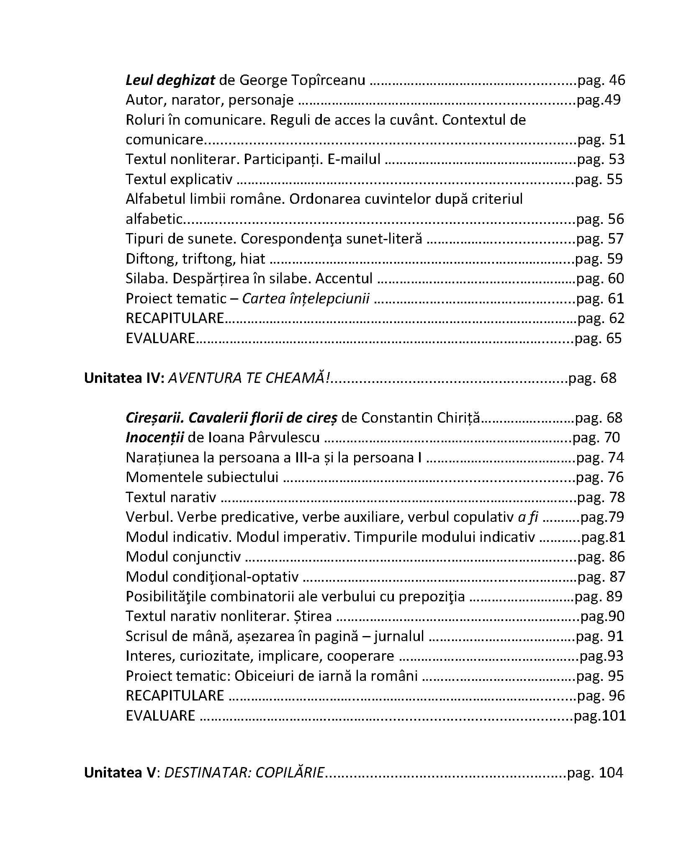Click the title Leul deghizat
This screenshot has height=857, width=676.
coord(170,80)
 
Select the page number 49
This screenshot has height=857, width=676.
coord(611,100)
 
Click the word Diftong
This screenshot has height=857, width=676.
coord(152,259)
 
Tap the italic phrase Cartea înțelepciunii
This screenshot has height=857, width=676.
coord(306,299)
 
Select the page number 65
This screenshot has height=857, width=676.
coord(614,338)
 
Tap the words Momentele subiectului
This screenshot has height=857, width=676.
coord(202,477)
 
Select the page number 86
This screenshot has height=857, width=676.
coord(617,557)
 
